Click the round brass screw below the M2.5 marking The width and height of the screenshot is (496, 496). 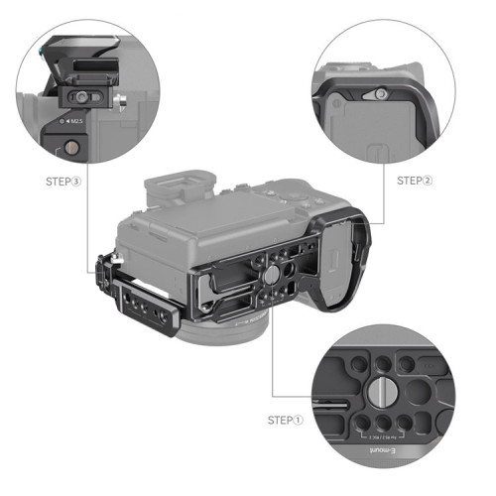(70, 149)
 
